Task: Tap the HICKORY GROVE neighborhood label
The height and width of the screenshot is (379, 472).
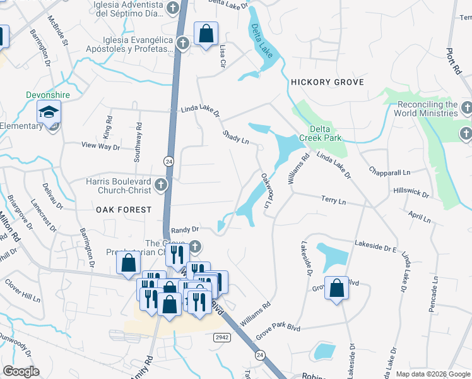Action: [x=327, y=83]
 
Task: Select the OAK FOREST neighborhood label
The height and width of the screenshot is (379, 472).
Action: [x=124, y=209]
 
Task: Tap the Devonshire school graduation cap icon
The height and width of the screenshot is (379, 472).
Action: [x=48, y=112]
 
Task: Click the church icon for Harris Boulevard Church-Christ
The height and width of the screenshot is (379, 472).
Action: [x=161, y=185]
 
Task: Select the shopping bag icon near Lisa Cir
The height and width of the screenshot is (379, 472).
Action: [x=206, y=33]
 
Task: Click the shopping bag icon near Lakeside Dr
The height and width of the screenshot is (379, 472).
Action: [x=337, y=288]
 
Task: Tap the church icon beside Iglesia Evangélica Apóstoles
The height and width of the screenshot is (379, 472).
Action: [x=182, y=44]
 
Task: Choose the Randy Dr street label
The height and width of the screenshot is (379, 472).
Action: [x=184, y=229]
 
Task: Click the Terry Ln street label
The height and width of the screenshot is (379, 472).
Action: [x=334, y=200]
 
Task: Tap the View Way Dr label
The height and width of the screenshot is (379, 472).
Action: [x=100, y=146]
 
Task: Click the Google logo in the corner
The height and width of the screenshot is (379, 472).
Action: [x=21, y=371]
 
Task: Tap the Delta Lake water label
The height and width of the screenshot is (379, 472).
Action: [x=262, y=41]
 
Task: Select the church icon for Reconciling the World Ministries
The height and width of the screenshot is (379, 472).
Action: [x=466, y=106]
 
